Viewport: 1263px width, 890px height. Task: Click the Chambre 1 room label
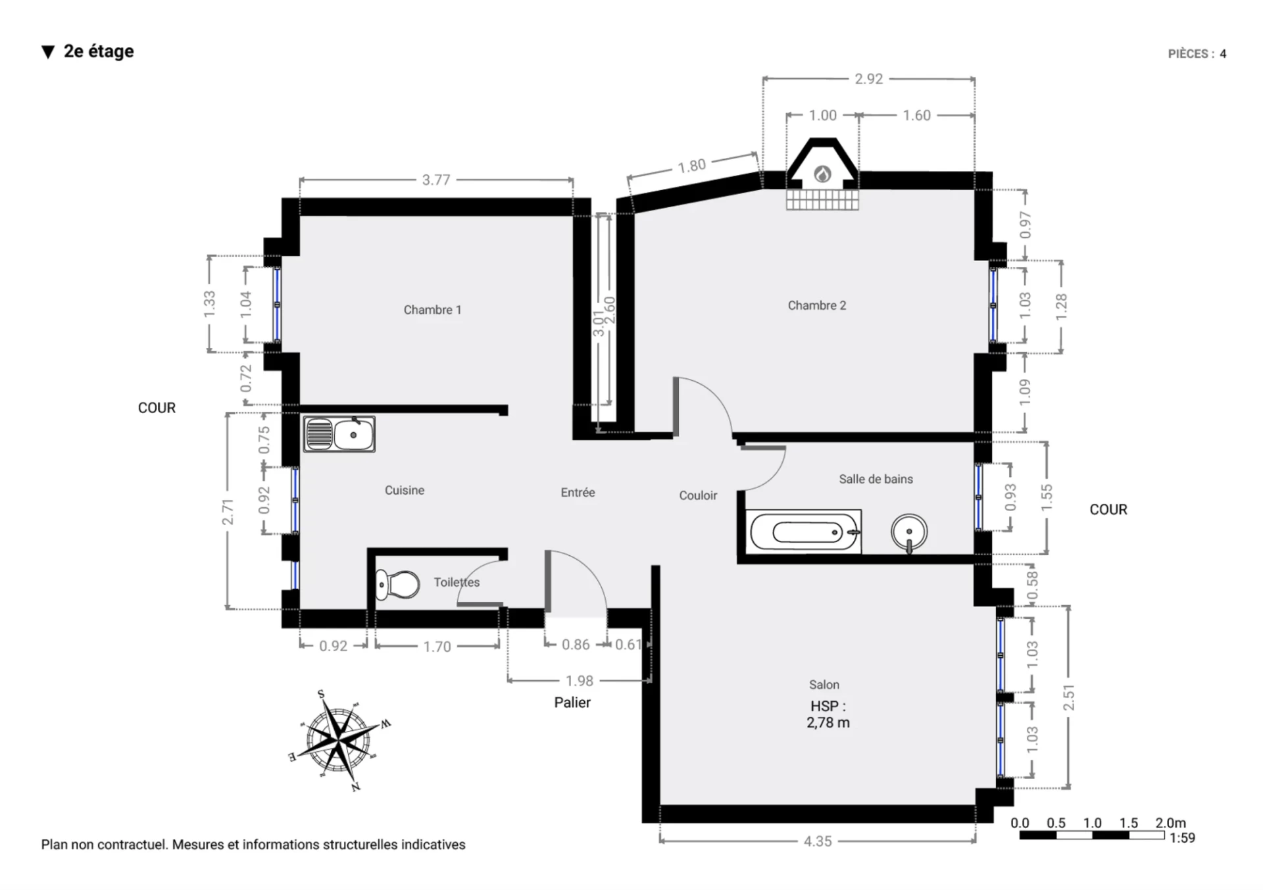click(x=432, y=310)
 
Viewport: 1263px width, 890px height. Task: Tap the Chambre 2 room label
click(x=817, y=305)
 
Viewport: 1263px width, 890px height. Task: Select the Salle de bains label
click(x=876, y=479)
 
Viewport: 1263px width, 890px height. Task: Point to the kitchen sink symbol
click(x=339, y=434)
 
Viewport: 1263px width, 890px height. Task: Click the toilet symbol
click(x=397, y=584)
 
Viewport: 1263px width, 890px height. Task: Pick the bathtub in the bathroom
click(x=805, y=532)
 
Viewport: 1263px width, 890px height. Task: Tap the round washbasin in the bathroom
click(x=909, y=532)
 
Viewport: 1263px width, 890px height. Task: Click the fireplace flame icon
click(x=822, y=174)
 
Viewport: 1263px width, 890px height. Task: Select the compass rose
click(x=339, y=740)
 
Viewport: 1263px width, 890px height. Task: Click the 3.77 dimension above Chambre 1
click(x=436, y=180)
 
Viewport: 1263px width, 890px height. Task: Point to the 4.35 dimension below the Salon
click(x=818, y=841)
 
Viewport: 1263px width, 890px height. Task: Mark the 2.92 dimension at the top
click(x=868, y=79)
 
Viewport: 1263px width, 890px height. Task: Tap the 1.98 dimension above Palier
click(x=580, y=681)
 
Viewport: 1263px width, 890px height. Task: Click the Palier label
click(x=572, y=703)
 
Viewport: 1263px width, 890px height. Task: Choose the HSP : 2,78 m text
click(x=828, y=714)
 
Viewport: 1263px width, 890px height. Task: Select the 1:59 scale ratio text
click(x=1182, y=838)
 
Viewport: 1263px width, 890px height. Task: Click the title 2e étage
click(x=99, y=51)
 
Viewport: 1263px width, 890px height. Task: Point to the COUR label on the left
click(x=157, y=408)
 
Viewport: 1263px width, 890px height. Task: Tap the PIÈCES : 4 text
click(x=1197, y=54)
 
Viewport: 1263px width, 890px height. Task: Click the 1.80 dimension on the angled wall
click(x=692, y=166)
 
